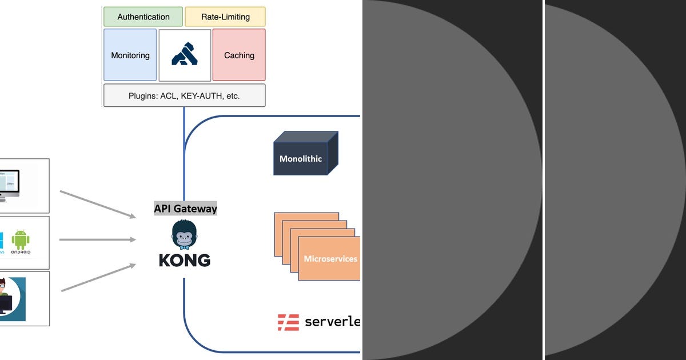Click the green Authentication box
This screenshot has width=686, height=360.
click(x=143, y=17)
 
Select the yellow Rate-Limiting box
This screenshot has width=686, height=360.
click(x=225, y=17)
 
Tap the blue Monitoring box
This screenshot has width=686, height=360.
click(x=130, y=55)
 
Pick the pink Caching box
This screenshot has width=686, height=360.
click(x=239, y=55)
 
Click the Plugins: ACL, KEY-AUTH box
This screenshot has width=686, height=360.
click(x=184, y=95)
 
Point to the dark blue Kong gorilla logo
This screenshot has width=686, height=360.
click(x=185, y=55)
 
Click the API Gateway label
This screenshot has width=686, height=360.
click(x=185, y=209)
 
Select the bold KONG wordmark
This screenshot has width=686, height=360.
click(x=184, y=261)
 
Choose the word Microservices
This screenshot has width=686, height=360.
click(x=330, y=259)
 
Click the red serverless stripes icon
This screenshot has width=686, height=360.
click(x=289, y=322)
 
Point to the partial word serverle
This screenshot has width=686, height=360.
click(x=332, y=322)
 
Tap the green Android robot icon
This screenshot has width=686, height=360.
click(x=21, y=240)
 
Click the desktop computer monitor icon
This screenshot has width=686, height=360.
click(x=8, y=184)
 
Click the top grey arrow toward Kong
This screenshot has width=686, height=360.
click(x=98, y=204)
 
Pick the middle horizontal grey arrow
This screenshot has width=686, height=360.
click(x=97, y=239)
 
